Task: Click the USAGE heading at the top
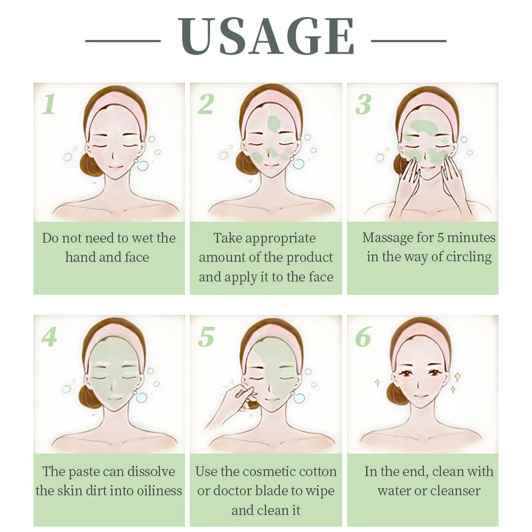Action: click(x=266, y=36)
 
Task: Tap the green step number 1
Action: click(x=48, y=104)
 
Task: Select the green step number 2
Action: click(x=205, y=104)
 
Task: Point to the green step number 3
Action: click(x=363, y=104)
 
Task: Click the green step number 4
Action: click(x=49, y=337)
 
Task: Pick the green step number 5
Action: click(x=206, y=337)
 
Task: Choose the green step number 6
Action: click(x=363, y=337)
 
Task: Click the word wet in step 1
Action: click(x=142, y=238)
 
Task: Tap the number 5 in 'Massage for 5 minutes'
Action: click(x=440, y=238)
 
